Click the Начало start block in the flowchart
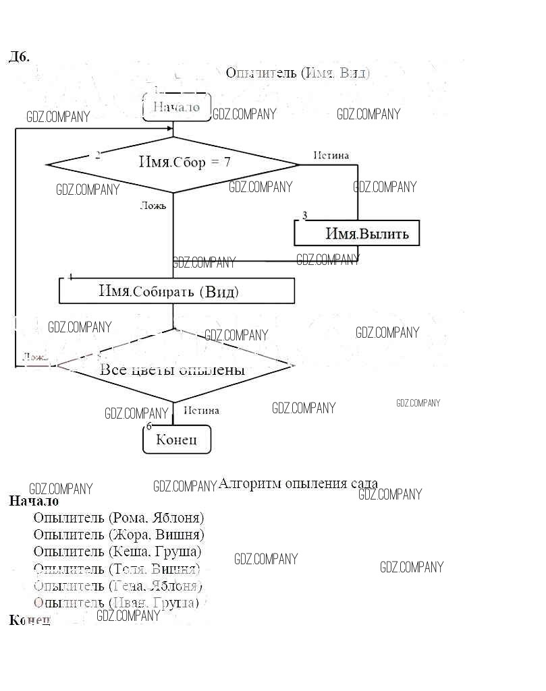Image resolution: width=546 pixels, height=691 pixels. pyautogui.click(x=177, y=107)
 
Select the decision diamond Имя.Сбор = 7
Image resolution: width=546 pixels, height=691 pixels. pyautogui.click(x=173, y=164)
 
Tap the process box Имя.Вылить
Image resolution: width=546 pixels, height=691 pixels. pyautogui.click(x=356, y=234)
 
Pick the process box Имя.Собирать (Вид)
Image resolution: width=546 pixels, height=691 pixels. pyautogui.click(x=177, y=291)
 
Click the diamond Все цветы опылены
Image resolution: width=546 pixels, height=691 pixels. pyautogui.click(x=174, y=369)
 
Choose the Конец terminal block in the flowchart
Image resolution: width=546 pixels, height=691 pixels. pyautogui.click(x=177, y=440)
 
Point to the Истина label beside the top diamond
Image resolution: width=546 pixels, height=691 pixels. pyautogui.click(x=331, y=156)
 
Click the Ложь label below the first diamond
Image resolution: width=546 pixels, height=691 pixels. pyautogui.click(x=153, y=206)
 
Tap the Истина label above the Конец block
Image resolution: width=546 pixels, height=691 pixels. pyautogui.click(x=201, y=410)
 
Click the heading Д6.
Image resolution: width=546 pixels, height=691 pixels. pyautogui.click(x=18, y=57)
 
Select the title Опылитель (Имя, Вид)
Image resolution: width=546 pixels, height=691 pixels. pyautogui.click(x=298, y=72)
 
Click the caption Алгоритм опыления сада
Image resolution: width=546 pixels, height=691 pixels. pyautogui.click(x=298, y=483)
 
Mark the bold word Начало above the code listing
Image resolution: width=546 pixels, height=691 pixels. pyautogui.click(x=34, y=502)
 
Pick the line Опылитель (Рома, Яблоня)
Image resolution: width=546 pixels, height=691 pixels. pyautogui.click(x=119, y=518)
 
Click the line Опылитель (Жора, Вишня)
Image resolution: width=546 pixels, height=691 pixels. pyautogui.click(x=119, y=535)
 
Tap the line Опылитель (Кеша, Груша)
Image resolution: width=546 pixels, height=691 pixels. pyautogui.click(x=117, y=551)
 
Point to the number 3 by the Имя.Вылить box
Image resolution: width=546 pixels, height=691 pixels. pyautogui.click(x=304, y=216)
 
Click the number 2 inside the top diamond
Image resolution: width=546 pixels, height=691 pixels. pyautogui.click(x=98, y=155)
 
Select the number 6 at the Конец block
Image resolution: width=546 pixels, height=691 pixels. pyautogui.click(x=148, y=425)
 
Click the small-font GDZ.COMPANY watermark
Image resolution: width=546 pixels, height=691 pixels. pyautogui.click(x=418, y=403)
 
